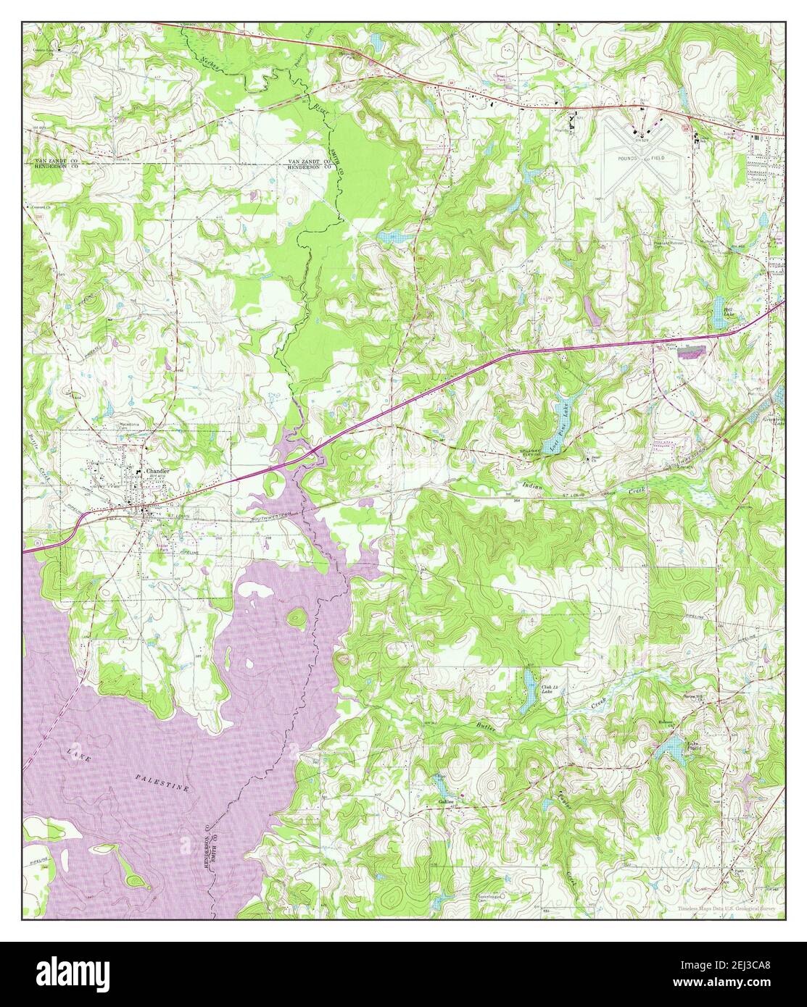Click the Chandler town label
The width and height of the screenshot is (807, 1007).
click(158, 471)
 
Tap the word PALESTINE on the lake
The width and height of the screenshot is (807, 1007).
click(162, 782)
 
